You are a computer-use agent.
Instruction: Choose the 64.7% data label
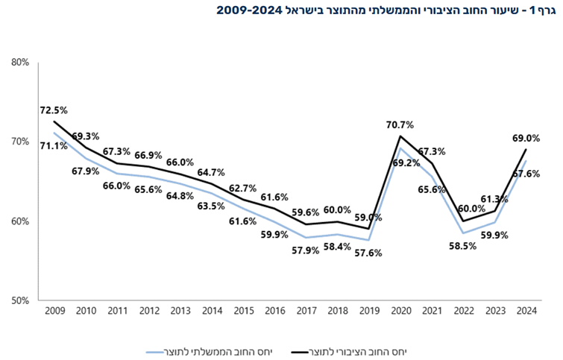pos(213,172)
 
